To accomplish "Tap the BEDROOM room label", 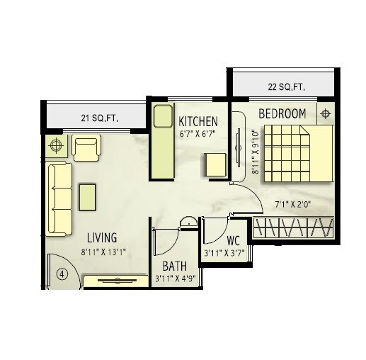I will tap(282, 113).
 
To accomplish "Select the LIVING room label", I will tap(102, 237).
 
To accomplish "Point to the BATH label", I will tap(174, 266).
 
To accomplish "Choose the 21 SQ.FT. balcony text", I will tap(98, 118).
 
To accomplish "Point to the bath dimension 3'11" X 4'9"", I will tap(174, 279).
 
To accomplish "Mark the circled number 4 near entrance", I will tap(62, 274).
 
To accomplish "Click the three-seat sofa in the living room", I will tap(59, 198).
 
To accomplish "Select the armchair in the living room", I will tap(86, 148).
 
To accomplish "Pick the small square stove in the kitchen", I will tap(215, 164).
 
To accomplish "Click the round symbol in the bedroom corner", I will tap(325, 113).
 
